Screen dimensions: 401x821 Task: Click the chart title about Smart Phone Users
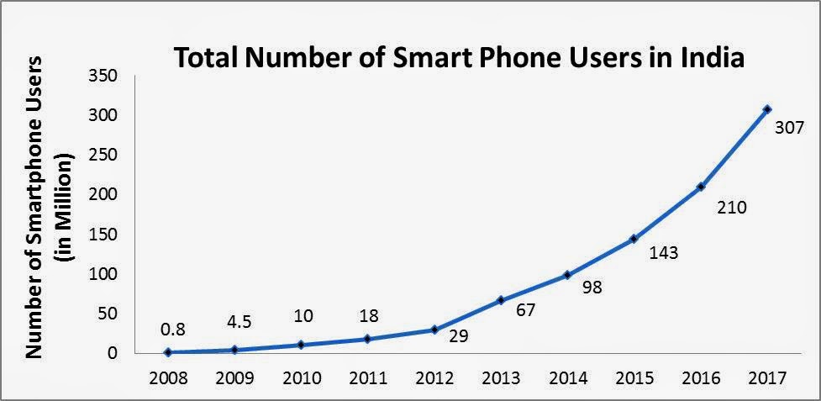click(x=460, y=60)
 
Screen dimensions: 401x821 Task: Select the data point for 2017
click(x=766, y=109)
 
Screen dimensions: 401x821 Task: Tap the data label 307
click(x=789, y=129)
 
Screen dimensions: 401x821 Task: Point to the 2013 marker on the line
click(x=500, y=300)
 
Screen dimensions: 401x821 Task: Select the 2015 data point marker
click(x=634, y=240)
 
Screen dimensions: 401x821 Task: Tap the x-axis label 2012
click(x=434, y=377)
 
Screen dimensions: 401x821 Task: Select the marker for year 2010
click(x=300, y=345)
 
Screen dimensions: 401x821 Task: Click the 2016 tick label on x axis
click(x=701, y=377)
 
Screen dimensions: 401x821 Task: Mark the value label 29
click(x=458, y=337)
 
